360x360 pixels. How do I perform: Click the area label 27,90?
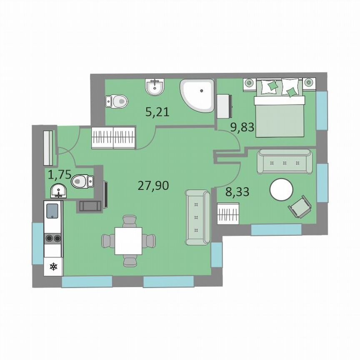tap(153, 185)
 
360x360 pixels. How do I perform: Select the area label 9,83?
tap(242, 127)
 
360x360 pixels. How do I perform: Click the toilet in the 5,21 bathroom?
tap(116, 100)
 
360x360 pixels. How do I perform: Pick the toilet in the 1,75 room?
tap(82, 181)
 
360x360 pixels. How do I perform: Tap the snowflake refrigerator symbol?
tap(53, 267)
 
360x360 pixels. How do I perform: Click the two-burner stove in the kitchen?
tap(53, 238)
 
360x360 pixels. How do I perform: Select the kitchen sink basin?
tap(53, 211)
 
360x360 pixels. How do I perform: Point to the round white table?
tap(282, 190)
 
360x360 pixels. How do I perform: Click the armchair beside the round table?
tap(300, 207)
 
